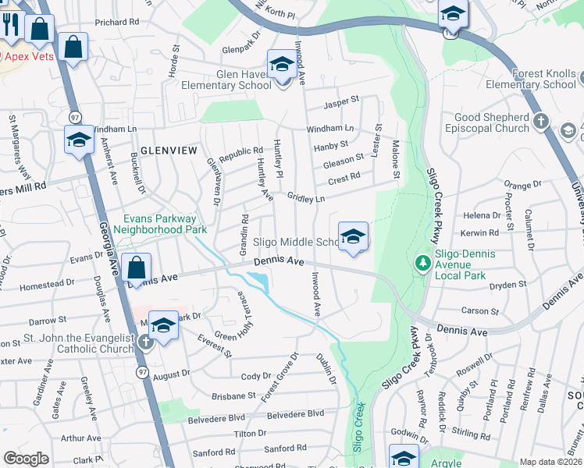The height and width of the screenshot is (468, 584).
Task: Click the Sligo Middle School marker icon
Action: (353, 236)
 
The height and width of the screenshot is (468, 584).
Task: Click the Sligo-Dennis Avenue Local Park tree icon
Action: (423, 262)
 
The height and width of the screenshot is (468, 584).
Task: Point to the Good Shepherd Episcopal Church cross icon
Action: (541, 122)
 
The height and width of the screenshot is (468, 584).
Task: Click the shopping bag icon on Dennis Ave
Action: (136, 268)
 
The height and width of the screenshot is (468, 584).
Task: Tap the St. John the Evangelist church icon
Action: (145, 342)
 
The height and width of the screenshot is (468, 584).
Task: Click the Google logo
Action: (26, 459)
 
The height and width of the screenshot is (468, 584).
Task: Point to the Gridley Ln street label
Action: (306, 198)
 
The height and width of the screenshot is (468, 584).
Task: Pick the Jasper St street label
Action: (341, 100)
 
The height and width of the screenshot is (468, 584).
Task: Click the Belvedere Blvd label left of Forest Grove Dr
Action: (217, 417)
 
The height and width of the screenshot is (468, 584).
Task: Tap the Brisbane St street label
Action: (229, 396)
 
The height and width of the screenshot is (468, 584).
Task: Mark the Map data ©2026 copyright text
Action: (550, 462)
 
